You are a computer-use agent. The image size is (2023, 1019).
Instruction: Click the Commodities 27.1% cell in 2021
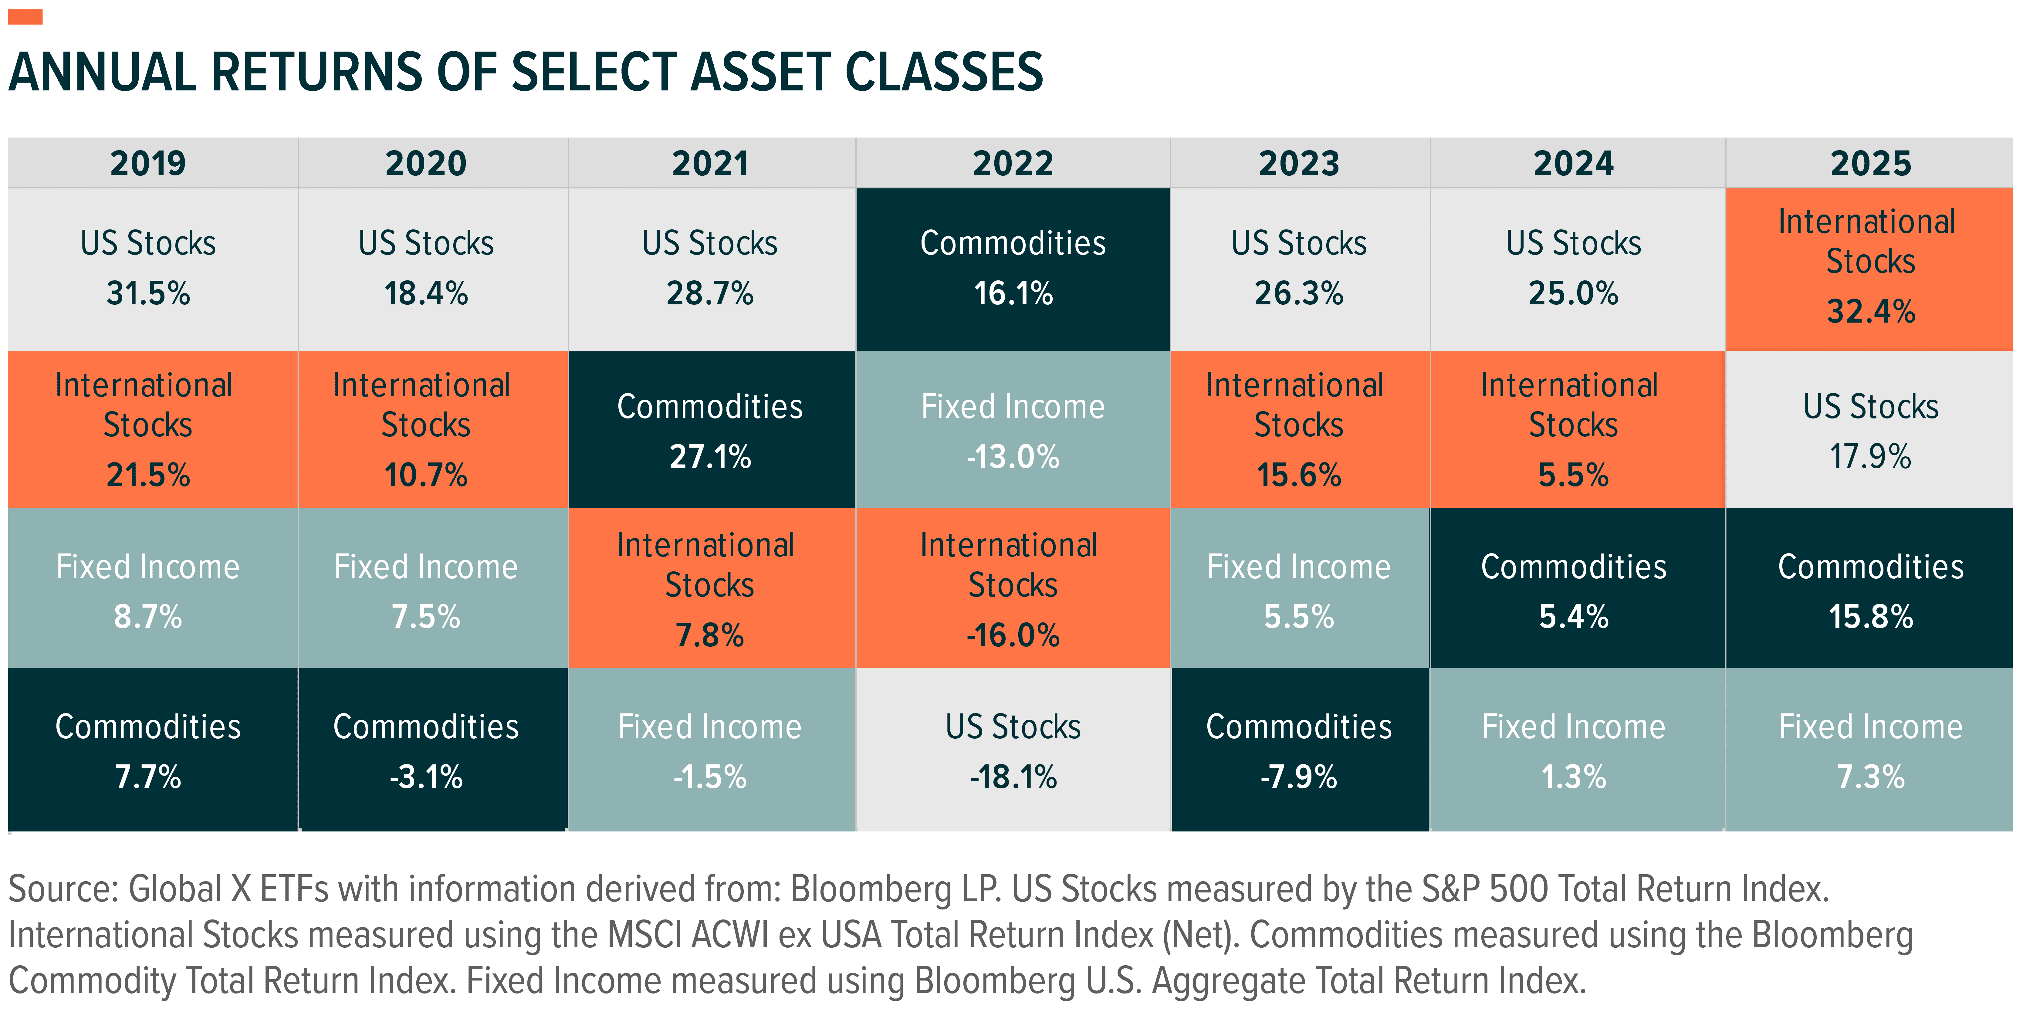point(710,431)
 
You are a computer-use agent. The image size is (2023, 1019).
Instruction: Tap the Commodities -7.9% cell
point(1299,750)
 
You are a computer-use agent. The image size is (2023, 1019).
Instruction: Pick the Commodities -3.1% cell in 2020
point(426,750)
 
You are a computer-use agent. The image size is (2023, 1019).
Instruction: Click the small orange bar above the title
point(25,16)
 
